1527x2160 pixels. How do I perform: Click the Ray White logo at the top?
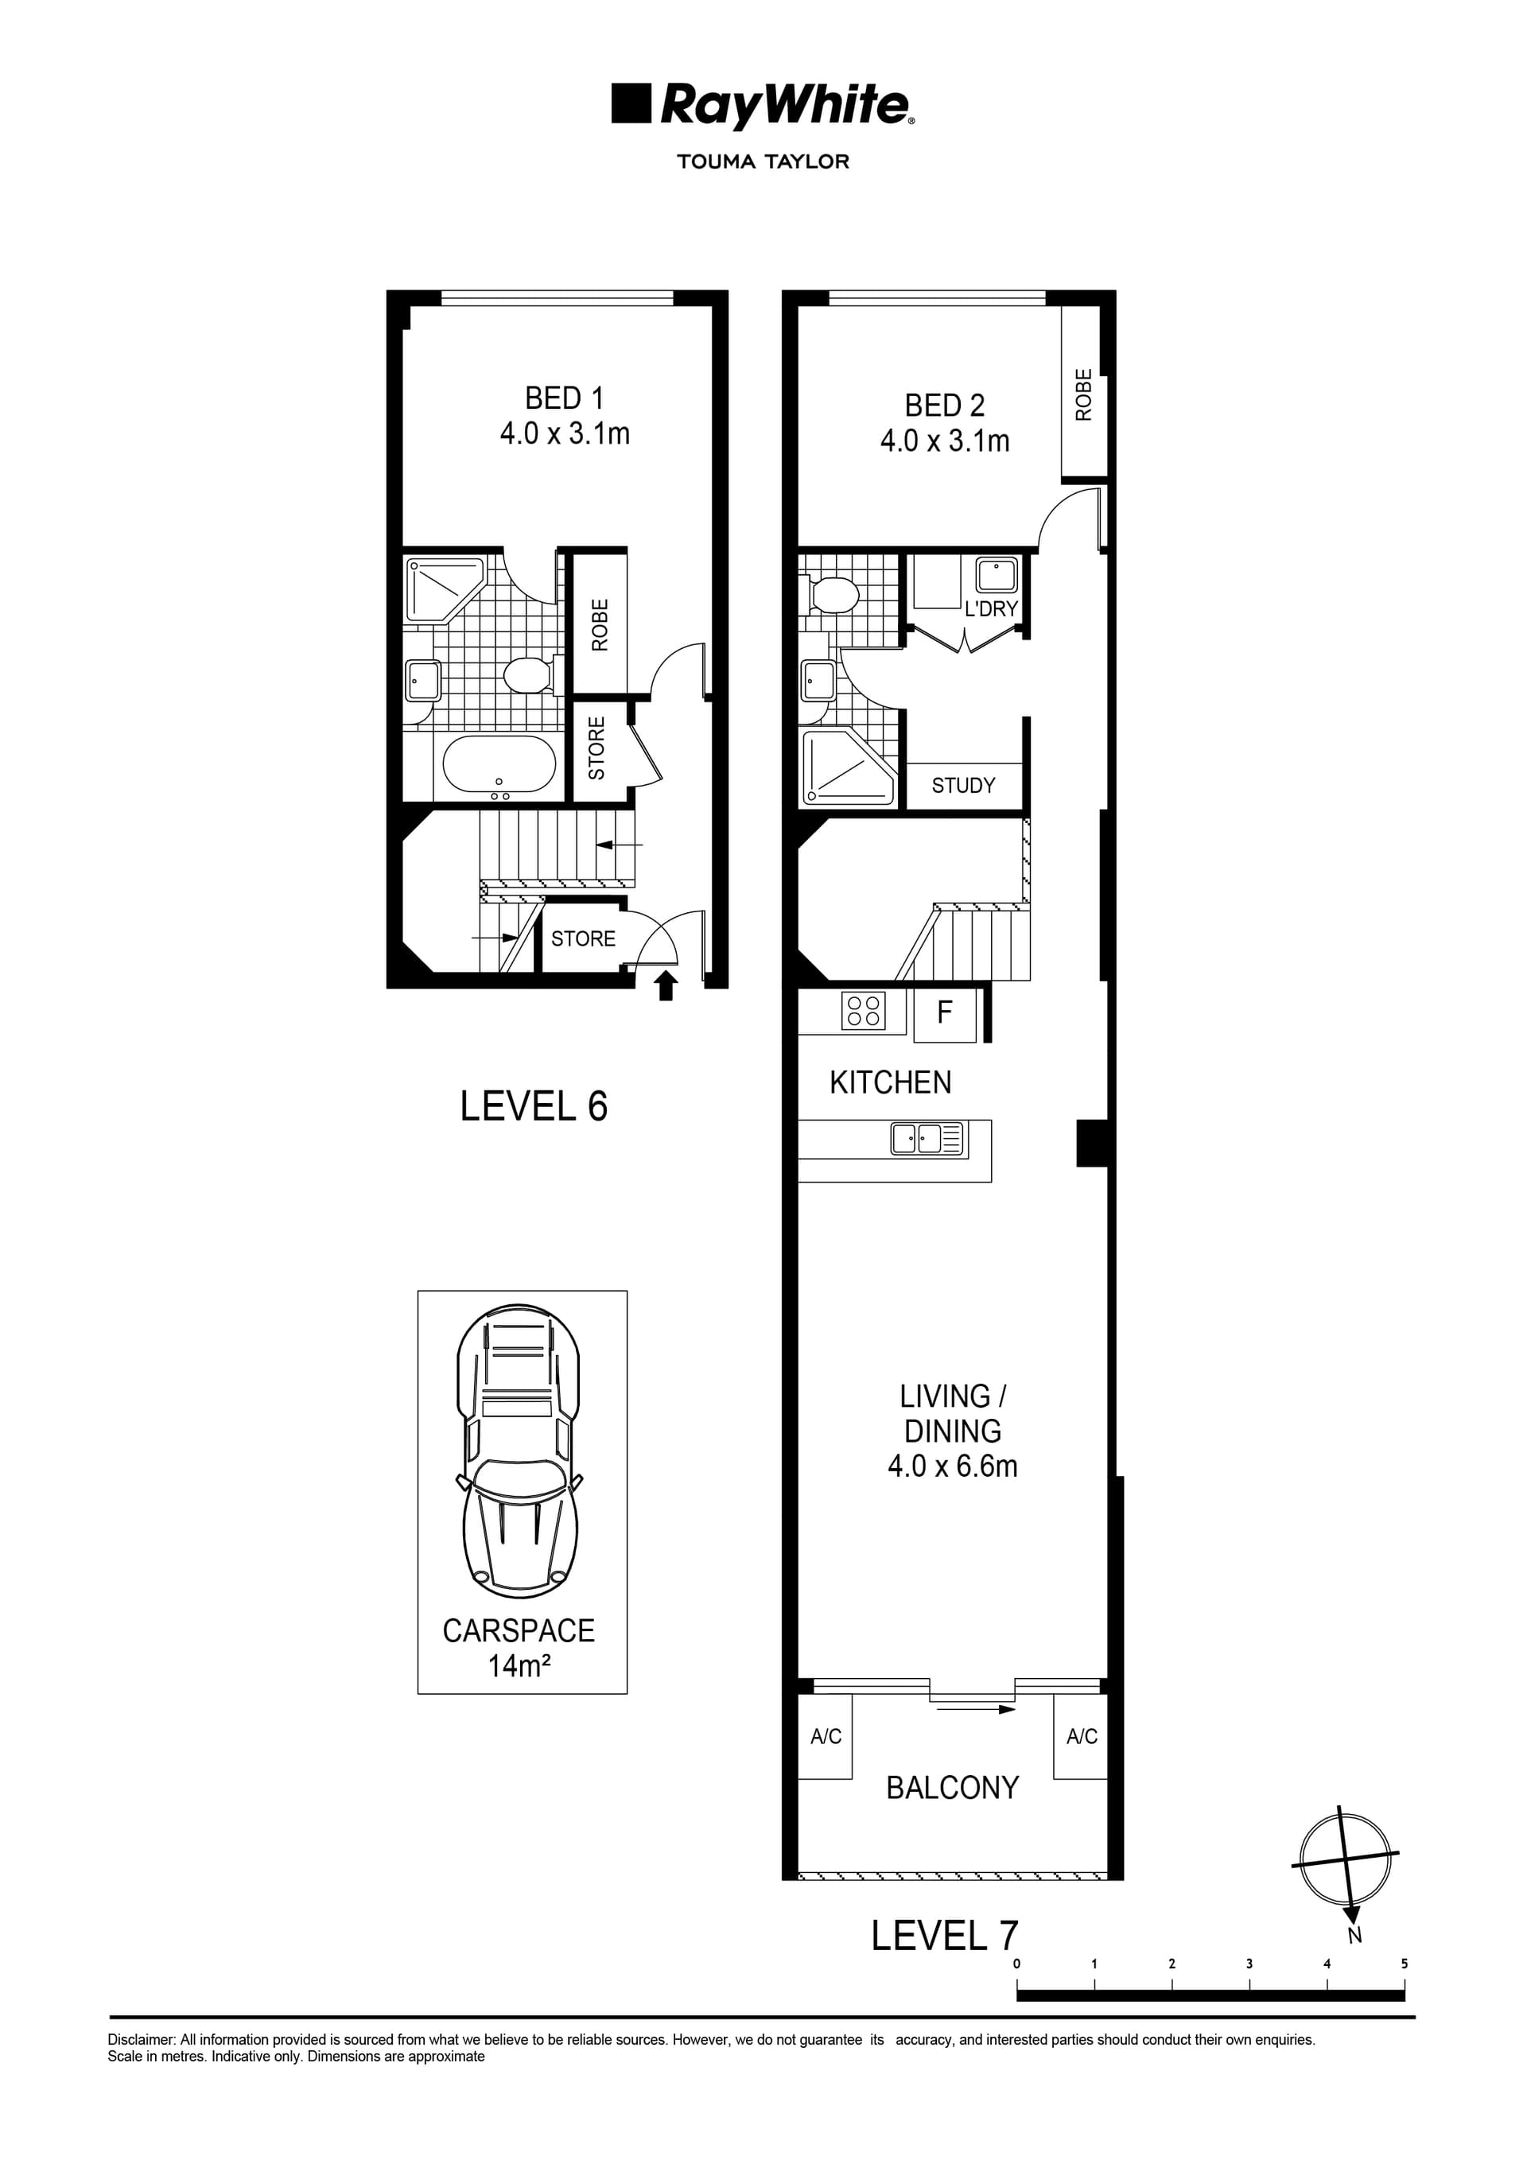(763, 105)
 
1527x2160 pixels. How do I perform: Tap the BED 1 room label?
(565, 416)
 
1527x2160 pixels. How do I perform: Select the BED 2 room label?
(945, 422)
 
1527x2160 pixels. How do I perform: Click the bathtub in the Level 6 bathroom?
(499, 764)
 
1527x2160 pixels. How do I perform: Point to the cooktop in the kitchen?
(863, 1012)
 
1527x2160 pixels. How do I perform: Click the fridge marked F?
(945, 1013)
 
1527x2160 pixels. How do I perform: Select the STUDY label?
(963, 786)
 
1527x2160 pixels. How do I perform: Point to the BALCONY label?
(952, 1788)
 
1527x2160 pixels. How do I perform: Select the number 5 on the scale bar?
(1404, 1964)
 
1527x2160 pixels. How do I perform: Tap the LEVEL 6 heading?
(534, 1106)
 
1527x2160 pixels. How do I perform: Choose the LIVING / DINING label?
(952, 1431)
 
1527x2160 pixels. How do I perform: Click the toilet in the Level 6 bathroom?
(530, 674)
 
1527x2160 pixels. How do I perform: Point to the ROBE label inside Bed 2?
(1084, 394)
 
